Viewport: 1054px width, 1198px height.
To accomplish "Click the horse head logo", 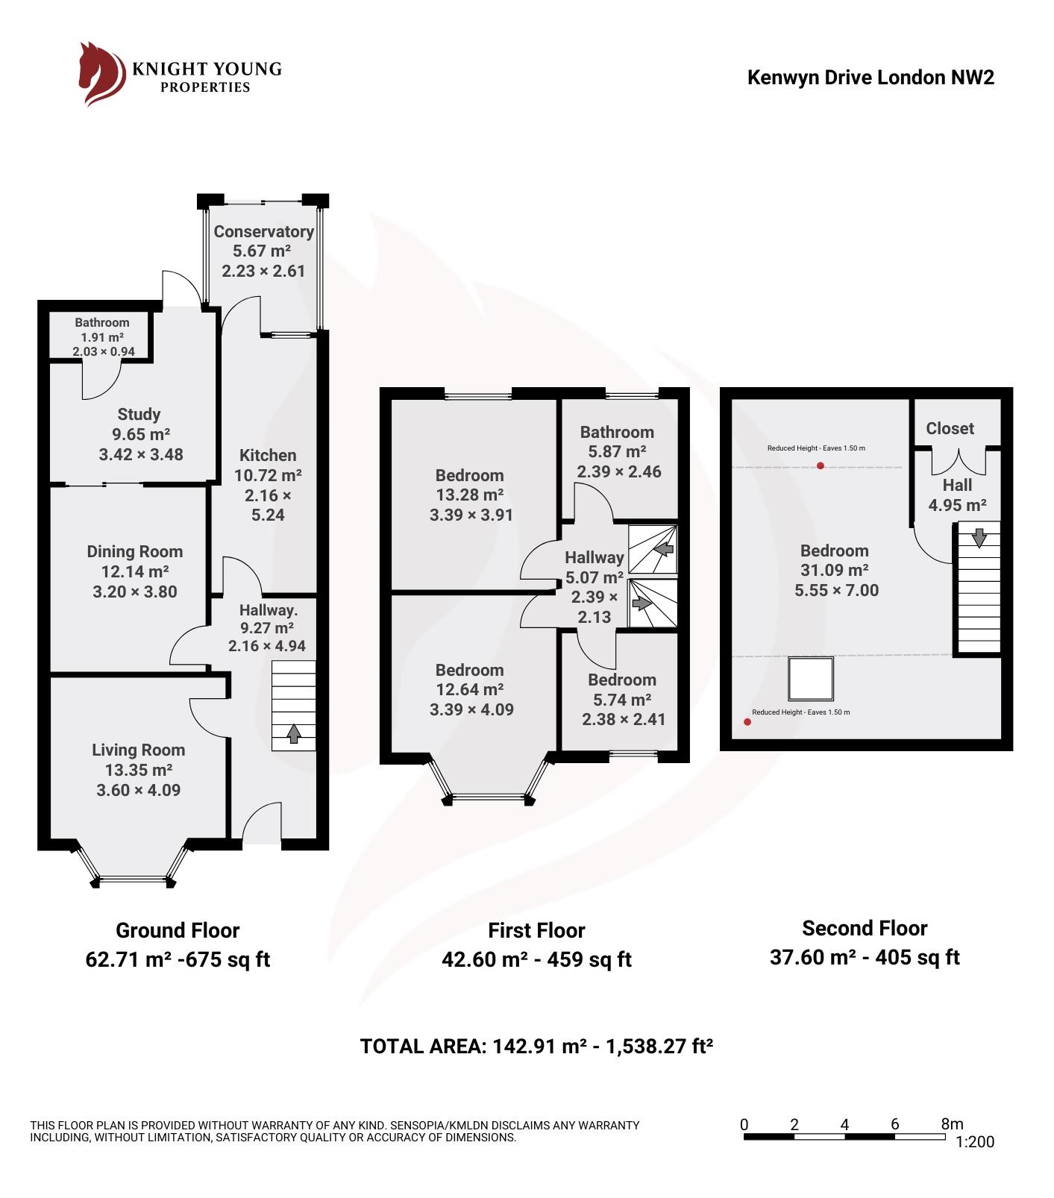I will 101,74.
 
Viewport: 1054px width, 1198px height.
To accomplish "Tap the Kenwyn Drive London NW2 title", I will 871,78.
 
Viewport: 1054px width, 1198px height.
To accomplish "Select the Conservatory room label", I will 263,231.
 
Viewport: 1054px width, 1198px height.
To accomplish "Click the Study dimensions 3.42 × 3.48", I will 141,454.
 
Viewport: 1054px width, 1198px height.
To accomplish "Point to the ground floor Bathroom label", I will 102,322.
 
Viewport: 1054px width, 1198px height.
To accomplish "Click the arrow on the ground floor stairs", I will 294,734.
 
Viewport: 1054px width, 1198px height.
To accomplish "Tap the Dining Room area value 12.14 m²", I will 135,571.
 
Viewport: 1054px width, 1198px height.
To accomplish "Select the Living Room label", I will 138,750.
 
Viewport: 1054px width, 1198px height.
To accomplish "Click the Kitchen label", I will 268,455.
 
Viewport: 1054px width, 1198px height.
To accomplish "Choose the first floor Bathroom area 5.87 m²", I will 617,451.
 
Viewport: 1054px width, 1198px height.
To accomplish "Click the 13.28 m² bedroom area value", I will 470,495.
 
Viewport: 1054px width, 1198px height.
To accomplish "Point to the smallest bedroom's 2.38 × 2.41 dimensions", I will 624,719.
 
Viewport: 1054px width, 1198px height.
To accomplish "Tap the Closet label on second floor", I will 950,428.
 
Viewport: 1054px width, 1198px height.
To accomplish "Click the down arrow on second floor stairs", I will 979,536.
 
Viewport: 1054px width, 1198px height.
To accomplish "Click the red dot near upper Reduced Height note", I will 821,466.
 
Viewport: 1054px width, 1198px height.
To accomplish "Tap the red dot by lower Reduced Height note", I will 747,721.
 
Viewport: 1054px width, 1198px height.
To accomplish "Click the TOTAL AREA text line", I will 536,1046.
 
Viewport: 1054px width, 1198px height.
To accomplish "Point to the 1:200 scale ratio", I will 974,1141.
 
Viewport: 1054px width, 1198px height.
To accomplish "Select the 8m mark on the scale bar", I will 952,1123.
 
